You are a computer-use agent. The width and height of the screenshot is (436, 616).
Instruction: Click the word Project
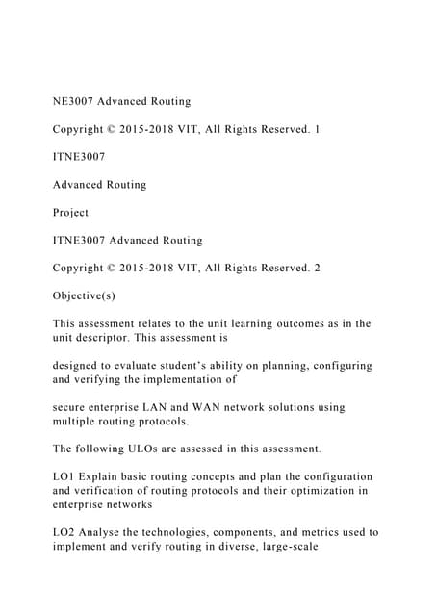coord(70,212)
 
